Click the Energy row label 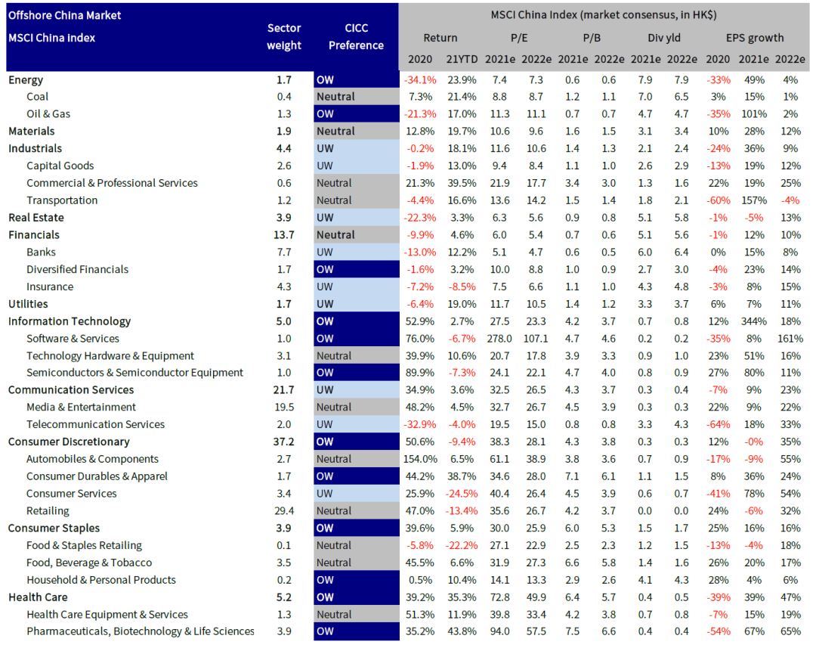[26, 79]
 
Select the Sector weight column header [284, 36]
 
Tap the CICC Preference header [356, 36]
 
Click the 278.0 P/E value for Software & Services [499, 339]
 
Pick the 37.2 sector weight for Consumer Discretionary [284, 442]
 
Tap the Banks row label [41, 252]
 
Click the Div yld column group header [665, 37]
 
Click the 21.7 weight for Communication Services [284, 390]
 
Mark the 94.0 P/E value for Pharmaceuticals [499, 631]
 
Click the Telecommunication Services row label [95, 424]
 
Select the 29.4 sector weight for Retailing [284, 511]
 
